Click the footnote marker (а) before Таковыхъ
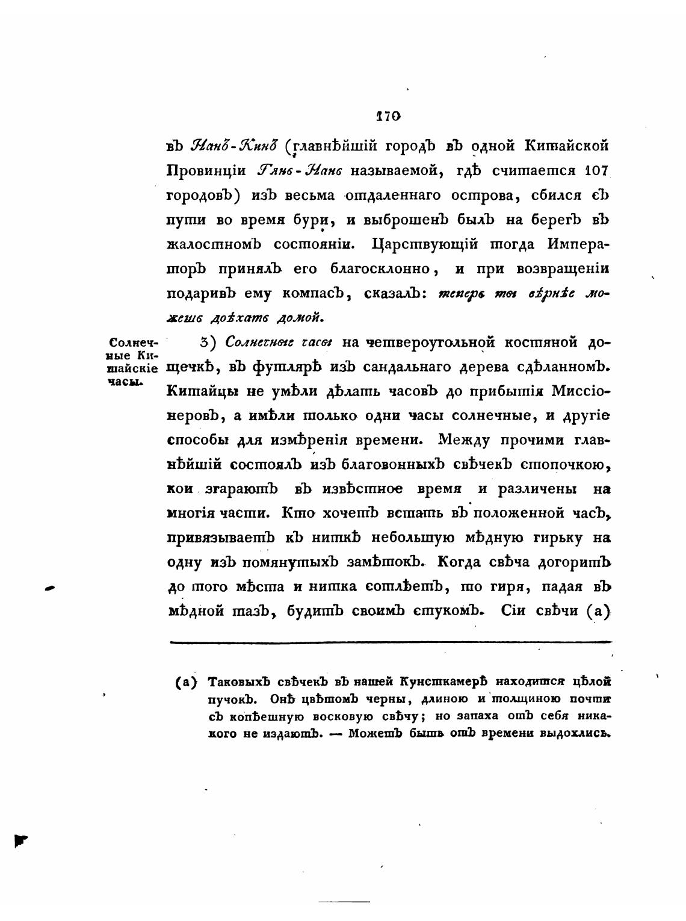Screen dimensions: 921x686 187,683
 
